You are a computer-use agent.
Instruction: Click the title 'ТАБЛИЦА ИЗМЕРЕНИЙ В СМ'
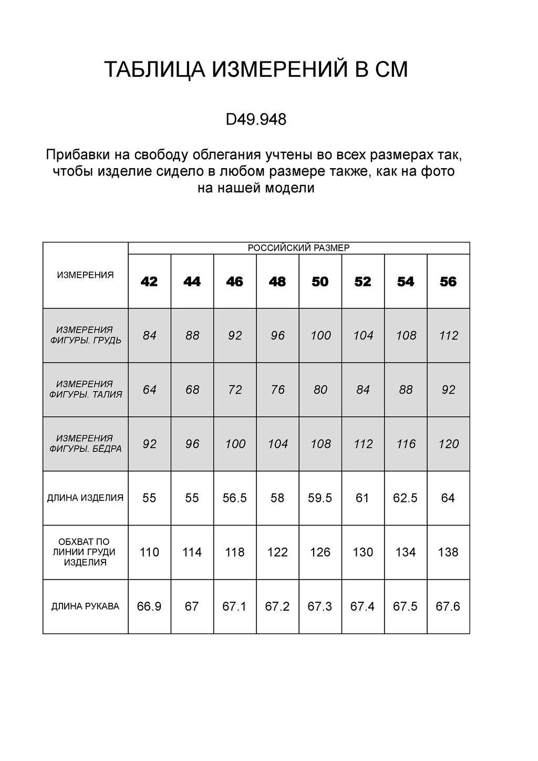[x=256, y=70]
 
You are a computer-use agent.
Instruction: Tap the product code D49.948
[x=256, y=120]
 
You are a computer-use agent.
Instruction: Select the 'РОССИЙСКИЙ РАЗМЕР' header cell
[x=298, y=248]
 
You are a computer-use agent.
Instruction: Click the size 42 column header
[x=149, y=282]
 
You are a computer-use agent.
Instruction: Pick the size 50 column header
[x=320, y=282]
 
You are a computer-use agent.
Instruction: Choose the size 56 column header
[x=448, y=282]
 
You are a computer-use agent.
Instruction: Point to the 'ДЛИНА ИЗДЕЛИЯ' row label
[x=85, y=498]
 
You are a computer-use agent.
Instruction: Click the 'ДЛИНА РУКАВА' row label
[x=85, y=606]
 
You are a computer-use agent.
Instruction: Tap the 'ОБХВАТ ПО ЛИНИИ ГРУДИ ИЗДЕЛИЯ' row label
[x=85, y=552]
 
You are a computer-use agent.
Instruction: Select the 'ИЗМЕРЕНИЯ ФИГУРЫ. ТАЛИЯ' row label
[x=85, y=389]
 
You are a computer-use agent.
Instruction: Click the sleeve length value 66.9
[x=149, y=606]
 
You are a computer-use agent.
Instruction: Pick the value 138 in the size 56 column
[x=448, y=552]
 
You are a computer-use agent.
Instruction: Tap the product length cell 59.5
[x=320, y=498]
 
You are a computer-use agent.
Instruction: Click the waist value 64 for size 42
[x=149, y=389]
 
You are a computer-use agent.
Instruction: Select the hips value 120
[x=448, y=444]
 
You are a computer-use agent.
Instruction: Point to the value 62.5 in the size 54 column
[x=405, y=498]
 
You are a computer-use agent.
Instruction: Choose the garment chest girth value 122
[x=277, y=552]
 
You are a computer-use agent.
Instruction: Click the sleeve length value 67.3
[x=320, y=606]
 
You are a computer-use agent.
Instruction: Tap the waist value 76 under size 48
[x=277, y=389]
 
